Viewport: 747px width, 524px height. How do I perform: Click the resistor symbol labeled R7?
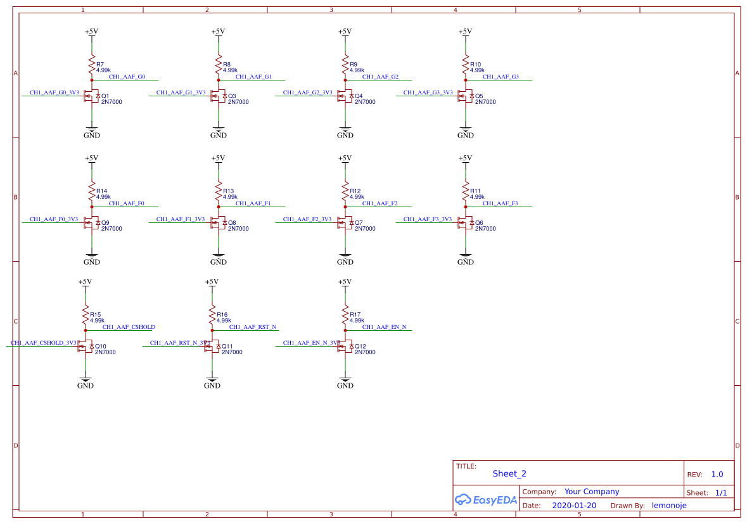pyautogui.click(x=92, y=64)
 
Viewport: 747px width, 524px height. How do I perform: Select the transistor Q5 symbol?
pyautogui.click(x=464, y=96)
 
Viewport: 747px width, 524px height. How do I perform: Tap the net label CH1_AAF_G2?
pyautogui.click(x=380, y=77)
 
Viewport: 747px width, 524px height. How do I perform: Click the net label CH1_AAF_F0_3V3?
pyautogui.click(x=54, y=219)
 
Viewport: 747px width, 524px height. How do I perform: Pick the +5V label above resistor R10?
pyautogui.click(x=466, y=32)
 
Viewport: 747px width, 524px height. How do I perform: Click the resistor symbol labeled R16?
pyautogui.click(x=212, y=314)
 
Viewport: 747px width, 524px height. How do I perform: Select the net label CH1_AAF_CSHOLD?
pyautogui.click(x=129, y=327)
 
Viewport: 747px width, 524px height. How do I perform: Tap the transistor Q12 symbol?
pyautogui.click(x=344, y=347)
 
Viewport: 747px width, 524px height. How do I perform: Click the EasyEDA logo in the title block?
pyautogui.click(x=485, y=500)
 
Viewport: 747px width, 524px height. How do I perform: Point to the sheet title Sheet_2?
pyautogui.click(x=509, y=473)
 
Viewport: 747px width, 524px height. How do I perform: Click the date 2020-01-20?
pyautogui.click(x=574, y=506)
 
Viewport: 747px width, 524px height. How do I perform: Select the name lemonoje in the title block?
pyautogui.click(x=669, y=506)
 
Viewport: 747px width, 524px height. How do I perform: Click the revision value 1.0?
pyautogui.click(x=717, y=475)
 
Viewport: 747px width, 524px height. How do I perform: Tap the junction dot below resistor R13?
pyautogui.click(x=219, y=207)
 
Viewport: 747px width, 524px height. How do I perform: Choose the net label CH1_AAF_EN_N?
pyautogui.click(x=384, y=327)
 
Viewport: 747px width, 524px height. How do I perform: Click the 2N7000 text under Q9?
pyautogui.click(x=112, y=229)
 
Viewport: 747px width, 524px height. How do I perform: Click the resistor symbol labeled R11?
pyautogui.click(x=466, y=191)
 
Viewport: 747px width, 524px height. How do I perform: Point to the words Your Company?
pyautogui.click(x=592, y=492)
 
